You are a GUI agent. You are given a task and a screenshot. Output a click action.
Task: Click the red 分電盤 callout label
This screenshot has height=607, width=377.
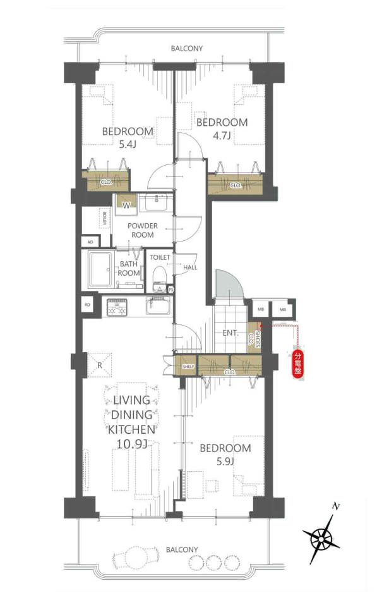297,364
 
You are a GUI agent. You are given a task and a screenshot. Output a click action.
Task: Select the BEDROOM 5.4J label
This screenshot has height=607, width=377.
128,138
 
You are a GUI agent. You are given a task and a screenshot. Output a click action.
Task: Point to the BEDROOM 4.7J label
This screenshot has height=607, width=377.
222,129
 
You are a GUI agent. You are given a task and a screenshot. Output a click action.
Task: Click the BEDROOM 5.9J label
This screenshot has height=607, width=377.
225,455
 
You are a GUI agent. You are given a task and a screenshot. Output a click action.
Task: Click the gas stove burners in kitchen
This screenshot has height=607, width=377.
117,307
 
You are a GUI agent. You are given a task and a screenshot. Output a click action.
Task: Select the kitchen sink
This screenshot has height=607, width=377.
158,306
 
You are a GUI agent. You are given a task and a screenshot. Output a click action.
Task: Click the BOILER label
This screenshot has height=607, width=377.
104,218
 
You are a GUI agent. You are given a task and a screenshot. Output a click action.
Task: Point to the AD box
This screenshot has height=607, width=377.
90,242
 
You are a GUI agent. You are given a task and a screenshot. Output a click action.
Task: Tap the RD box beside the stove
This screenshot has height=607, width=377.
87,305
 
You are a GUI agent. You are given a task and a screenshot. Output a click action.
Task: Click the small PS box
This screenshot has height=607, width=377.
171,290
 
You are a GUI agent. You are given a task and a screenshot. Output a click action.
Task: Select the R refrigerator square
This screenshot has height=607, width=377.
99,365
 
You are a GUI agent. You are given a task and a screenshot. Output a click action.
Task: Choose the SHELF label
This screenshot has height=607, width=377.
188,366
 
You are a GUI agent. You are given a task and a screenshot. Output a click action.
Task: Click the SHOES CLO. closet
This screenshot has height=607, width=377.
254,338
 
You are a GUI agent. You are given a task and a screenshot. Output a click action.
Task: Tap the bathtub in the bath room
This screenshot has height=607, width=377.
100,270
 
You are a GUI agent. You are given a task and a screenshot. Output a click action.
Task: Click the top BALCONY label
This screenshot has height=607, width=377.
187,49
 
